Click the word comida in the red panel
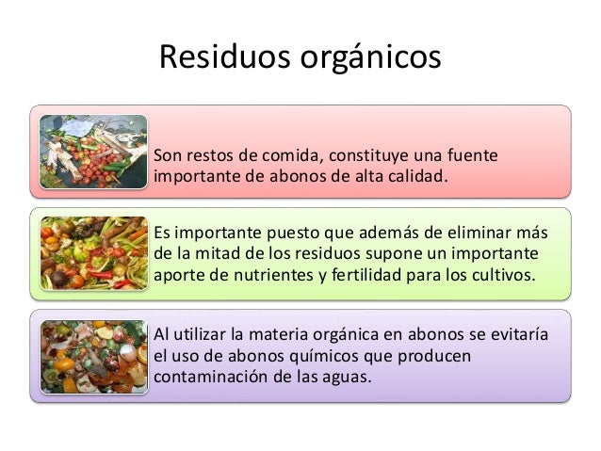pos(290,153)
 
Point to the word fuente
pos(473,153)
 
